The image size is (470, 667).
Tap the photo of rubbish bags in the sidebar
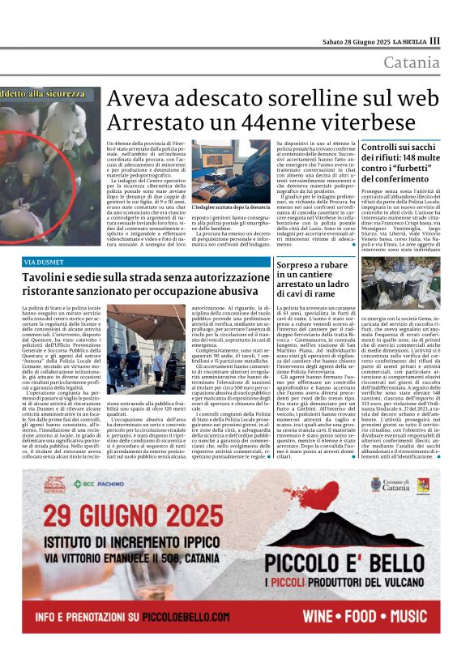(x=400, y=283)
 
